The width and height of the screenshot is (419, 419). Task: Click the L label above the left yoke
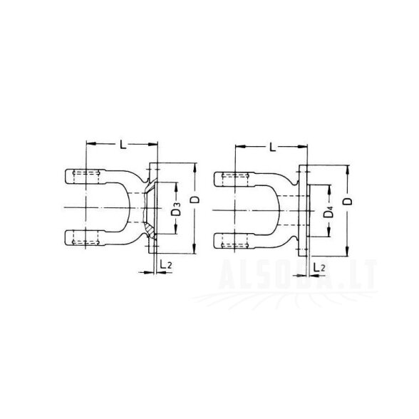click(123, 145)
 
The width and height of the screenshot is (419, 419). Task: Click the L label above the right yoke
click(272, 147)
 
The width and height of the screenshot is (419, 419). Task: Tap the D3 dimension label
click(176, 209)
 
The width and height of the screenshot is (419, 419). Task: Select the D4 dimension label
click(329, 212)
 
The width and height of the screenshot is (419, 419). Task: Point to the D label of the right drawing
click(348, 201)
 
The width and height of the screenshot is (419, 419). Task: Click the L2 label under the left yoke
click(165, 264)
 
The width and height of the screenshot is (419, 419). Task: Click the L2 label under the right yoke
click(319, 267)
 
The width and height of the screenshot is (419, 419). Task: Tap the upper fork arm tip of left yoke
click(66, 177)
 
